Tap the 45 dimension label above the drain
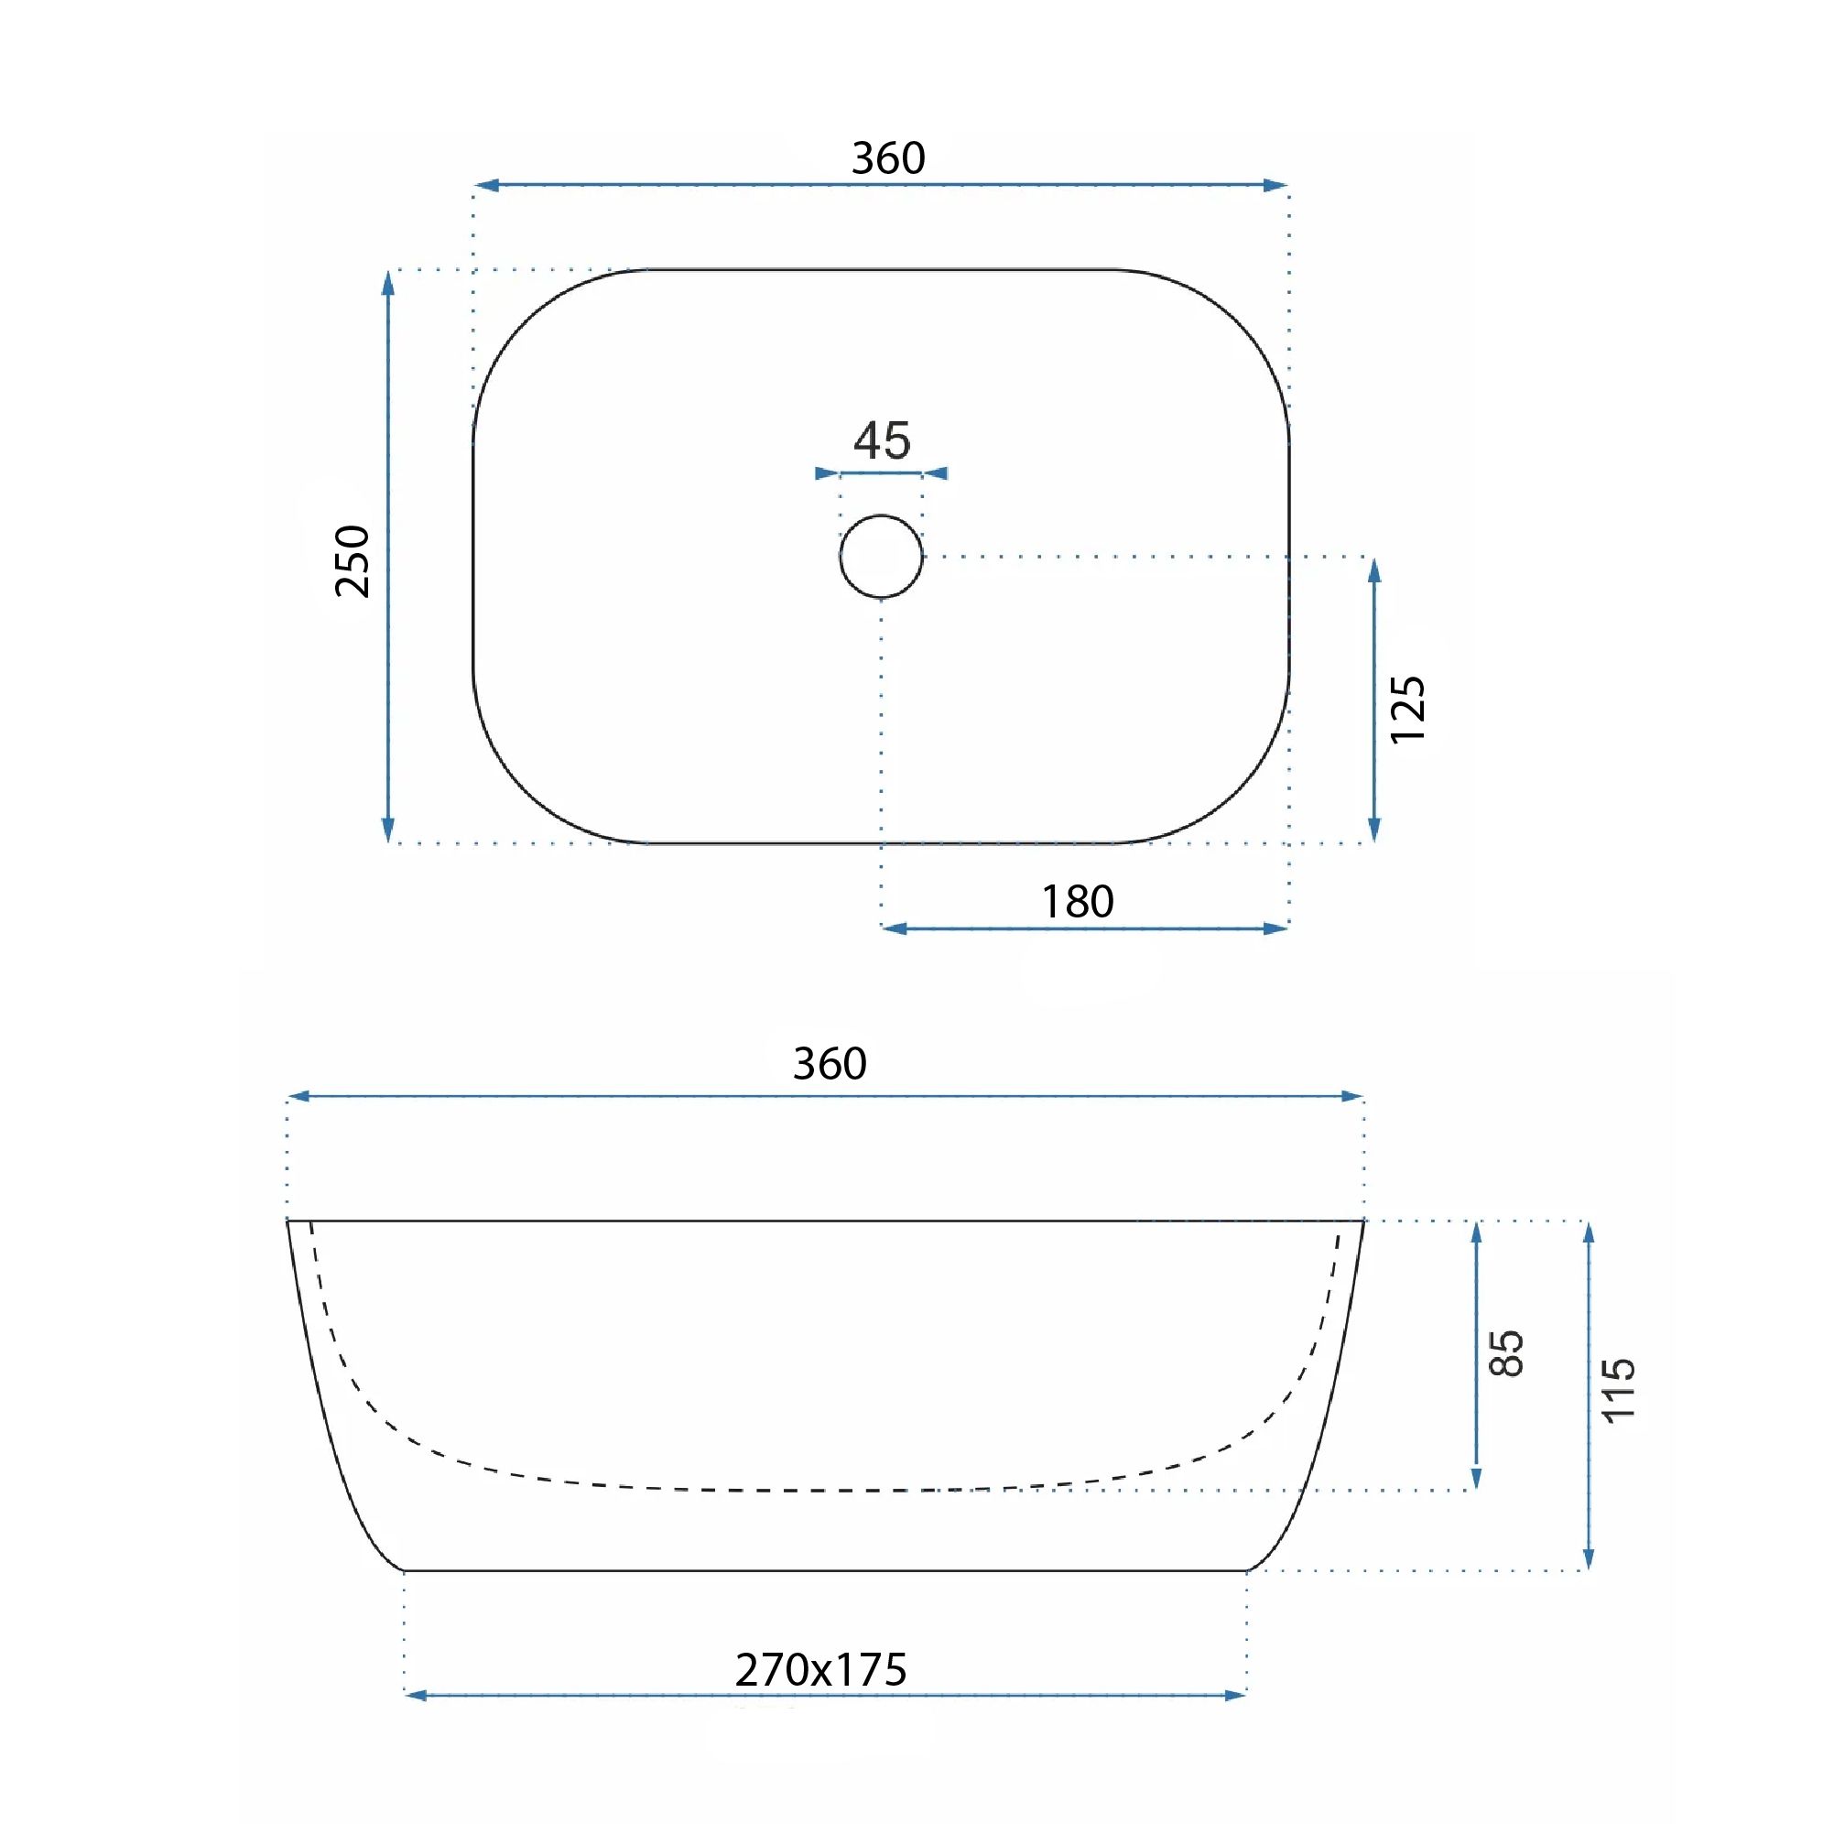(x=882, y=440)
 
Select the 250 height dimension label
(x=353, y=560)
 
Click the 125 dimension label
(x=1406, y=709)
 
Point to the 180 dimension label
(x=1078, y=901)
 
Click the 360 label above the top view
(x=887, y=157)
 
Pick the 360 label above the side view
(x=830, y=1063)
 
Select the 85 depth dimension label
(x=1506, y=1352)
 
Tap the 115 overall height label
(x=1619, y=1390)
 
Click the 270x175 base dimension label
(x=821, y=1670)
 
